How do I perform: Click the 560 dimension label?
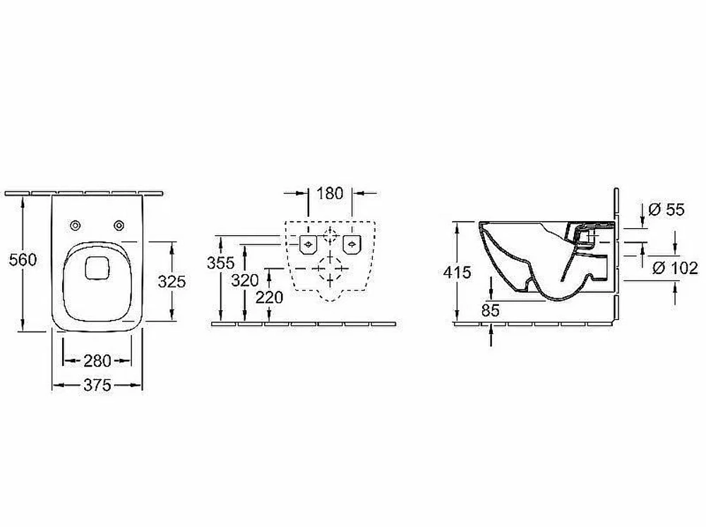point(23,260)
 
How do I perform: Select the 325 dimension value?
point(172,282)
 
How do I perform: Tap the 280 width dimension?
point(97,360)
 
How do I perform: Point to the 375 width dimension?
point(97,385)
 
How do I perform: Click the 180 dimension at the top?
point(330,194)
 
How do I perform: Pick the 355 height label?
point(220,263)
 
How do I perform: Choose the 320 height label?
point(244,280)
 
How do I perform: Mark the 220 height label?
point(269,297)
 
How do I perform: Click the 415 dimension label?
point(457,272)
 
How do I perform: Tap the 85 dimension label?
point(491,310)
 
